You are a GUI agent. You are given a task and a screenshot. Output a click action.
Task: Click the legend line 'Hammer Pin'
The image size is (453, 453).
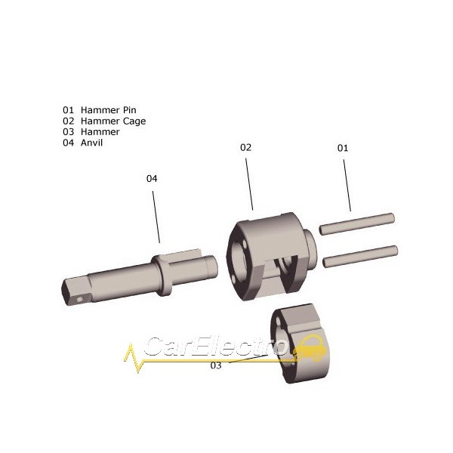99,110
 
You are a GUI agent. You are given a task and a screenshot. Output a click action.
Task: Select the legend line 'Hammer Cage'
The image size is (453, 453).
104,122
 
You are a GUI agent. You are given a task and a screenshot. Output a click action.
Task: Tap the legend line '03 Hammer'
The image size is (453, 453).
91,132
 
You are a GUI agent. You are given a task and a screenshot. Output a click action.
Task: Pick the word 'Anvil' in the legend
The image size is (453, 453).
91,143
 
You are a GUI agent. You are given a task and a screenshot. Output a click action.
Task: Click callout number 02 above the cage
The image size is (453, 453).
245,148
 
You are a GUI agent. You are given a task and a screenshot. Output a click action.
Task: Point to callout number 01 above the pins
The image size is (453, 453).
343,148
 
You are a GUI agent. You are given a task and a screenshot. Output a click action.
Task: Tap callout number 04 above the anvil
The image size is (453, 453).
152,179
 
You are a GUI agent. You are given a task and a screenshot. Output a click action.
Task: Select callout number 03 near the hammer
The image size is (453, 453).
216,365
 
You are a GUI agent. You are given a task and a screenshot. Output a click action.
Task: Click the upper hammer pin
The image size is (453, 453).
357,224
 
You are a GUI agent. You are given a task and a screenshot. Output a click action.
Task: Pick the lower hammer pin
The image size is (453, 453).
360,257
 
